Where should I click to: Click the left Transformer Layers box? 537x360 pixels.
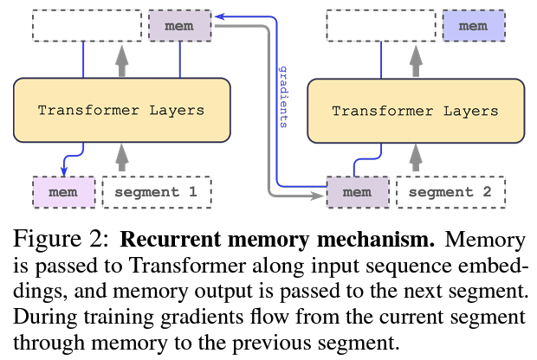point(121,111)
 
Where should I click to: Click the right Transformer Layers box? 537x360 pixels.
point(416,112)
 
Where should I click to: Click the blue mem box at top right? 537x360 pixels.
point(473,26)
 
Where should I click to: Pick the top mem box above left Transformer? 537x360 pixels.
point(179,26)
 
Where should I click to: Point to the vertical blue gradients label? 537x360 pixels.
point(282,95)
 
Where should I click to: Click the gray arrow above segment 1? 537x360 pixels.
point(121,156)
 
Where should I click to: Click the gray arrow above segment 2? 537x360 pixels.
point(416,157)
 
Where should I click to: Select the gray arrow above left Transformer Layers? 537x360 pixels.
point(121,59)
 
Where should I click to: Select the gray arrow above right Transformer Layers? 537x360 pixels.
point(416,60)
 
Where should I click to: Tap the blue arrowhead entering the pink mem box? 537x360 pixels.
point(64,171)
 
